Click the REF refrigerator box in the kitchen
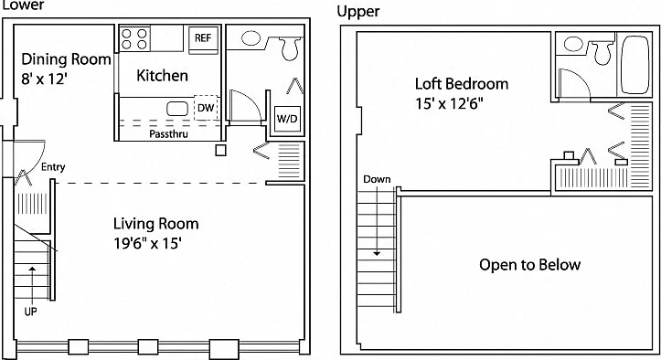tap(203, 40)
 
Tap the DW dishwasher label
tap(206, 108)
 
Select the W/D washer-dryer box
tap(287, 120)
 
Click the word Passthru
tap(168, 134)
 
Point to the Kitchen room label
tap(163, 76)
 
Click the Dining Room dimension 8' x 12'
tap(44, 79)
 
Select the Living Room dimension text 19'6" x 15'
tap(147, 243)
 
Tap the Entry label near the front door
tap(53, 167)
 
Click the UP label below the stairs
tap(30, 312)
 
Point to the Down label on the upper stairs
tap(377, 179)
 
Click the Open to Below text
tap(530, 265)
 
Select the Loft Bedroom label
tap(462, 84)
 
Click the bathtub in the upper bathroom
tap(634, 65)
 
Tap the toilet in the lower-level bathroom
tap(290, 48)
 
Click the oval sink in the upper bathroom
tap(573, 44)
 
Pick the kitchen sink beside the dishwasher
tap(177, 109)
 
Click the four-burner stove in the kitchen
tap(134, 38)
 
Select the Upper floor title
tap(358, 12)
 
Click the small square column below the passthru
tap(220, 151)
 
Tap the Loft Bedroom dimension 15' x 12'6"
tap(449, 103)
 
